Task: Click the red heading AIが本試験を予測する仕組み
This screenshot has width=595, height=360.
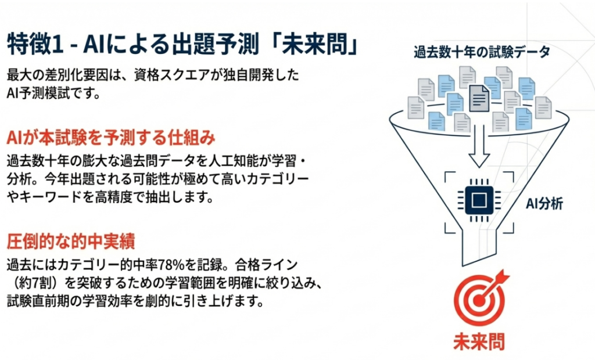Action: pyautogui.click(x=111, y=138)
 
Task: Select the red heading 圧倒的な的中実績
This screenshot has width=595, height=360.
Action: pyautogui.click(x=71, y=242)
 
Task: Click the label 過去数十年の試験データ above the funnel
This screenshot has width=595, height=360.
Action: pyautogui.click(x=482, y=52)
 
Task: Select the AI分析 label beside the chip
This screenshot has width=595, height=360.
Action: pyautogui.click(x=544, y=204)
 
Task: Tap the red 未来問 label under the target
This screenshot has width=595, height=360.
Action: pyautogui.click(x=479, y=342)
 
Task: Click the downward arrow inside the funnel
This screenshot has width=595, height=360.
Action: pyautogui.click(x=479, y=146)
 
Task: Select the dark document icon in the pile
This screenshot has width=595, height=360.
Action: pyautogui.click(x=479, y=98)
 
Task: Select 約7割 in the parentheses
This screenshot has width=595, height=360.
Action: pyautogui.click(x=38, y=283)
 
